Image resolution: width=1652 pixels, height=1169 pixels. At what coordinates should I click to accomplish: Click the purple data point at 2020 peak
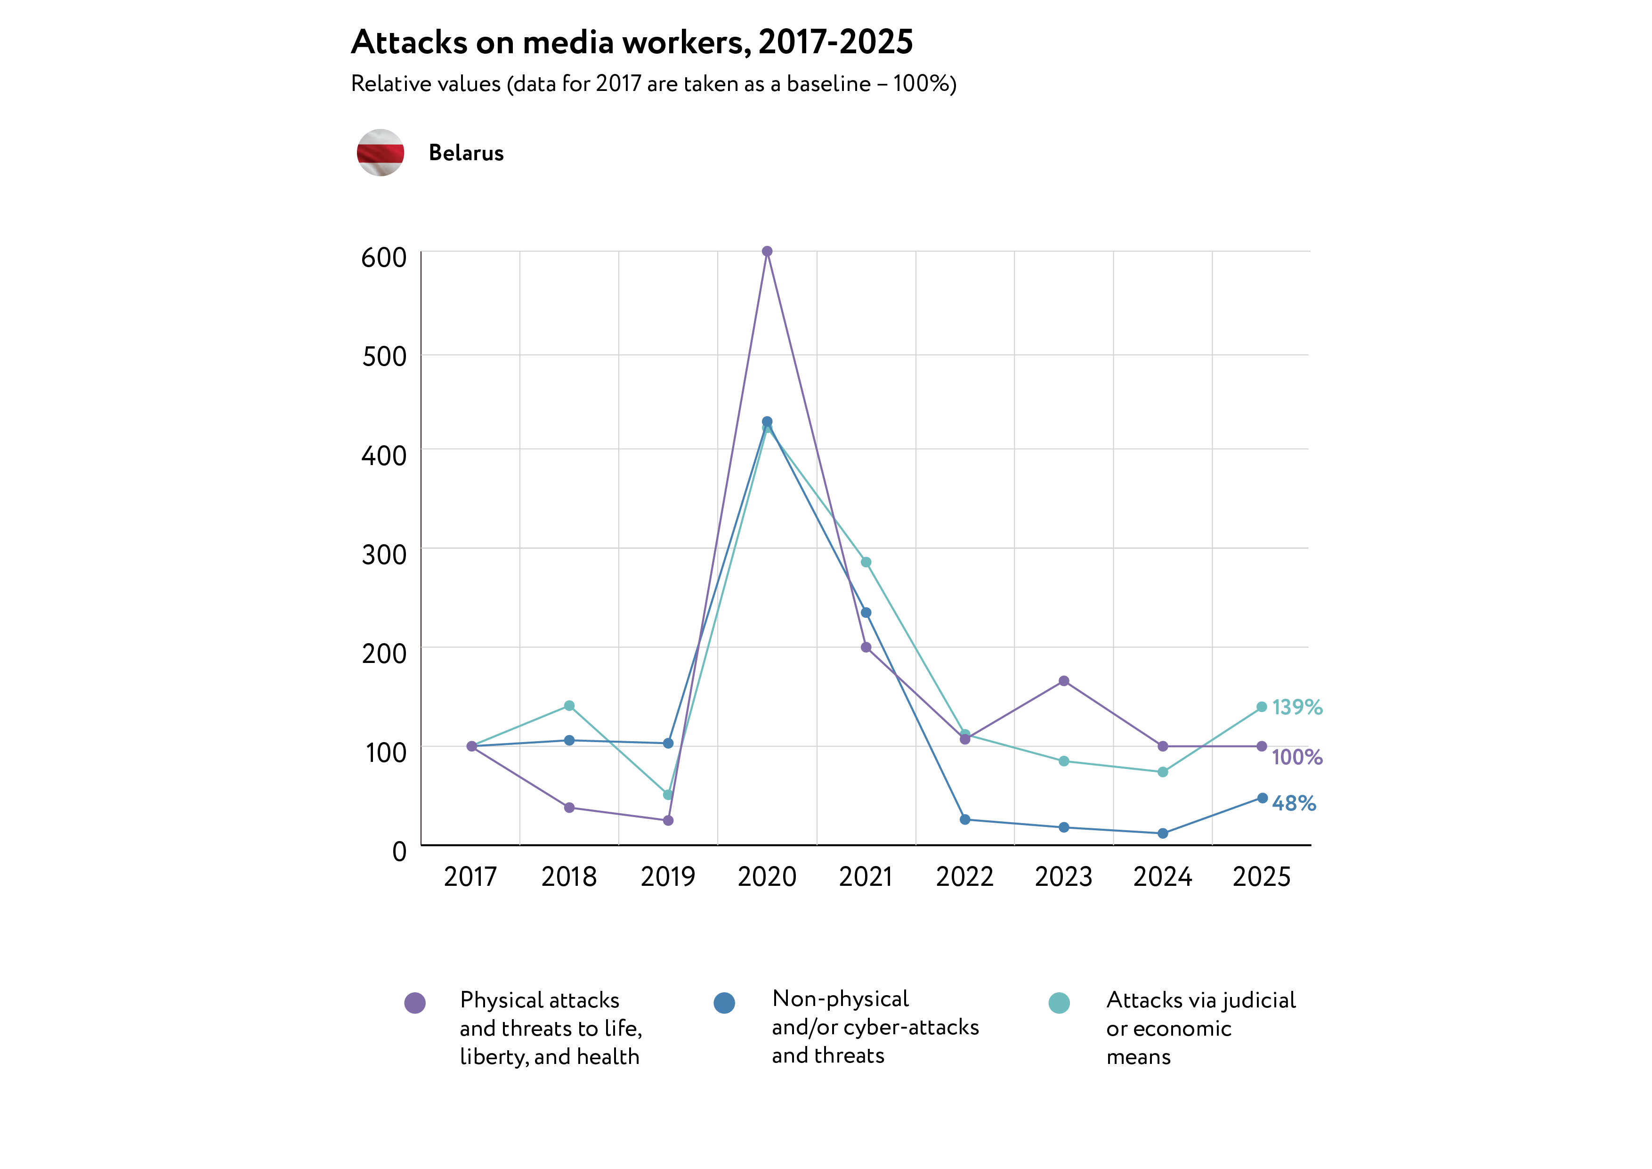(x=767, y=251)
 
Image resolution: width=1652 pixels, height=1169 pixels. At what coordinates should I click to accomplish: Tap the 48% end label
(x=1294, y=803)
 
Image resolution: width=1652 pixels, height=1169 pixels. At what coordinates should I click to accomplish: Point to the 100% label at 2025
(x=1296, y=757)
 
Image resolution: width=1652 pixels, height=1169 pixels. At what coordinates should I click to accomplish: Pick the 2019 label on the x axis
(x=668, y=877)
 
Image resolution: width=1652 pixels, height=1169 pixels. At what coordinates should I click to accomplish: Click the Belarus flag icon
(x=381, y=153)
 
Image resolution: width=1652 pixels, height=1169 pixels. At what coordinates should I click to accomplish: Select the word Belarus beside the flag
(x=466, y=153)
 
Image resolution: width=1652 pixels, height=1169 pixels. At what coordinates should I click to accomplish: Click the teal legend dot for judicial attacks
(x=1059, y=1003)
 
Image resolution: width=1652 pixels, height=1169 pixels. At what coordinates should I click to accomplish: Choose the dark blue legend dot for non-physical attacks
(x=725, y=1003)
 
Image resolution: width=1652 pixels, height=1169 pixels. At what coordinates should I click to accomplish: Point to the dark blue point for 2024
(x=1163, y=834)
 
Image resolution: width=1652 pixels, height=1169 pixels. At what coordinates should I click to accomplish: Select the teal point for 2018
(x=569, y=705)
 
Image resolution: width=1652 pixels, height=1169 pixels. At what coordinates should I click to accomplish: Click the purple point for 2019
(x=668, y=821)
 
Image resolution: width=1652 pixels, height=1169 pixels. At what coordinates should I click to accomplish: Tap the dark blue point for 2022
(x=965, y=820)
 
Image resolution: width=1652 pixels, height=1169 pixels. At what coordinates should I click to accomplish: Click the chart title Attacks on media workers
(x=632, y=42)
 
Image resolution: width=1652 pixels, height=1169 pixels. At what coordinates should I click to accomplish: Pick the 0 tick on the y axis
(x=399, y=851)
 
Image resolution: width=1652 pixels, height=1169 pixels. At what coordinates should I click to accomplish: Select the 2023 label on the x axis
(x=1063, y=877)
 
